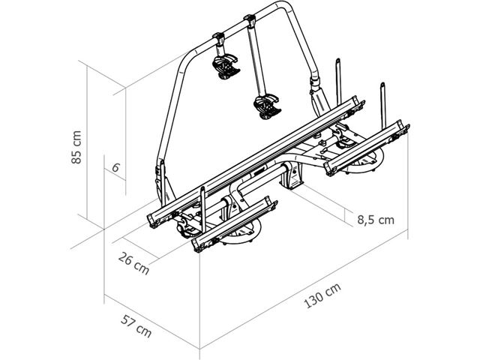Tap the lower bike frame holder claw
(x=267, y=106)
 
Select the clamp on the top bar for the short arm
(x=218, y=39)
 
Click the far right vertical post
(x=384, y=105)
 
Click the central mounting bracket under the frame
(x=291, y=175)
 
